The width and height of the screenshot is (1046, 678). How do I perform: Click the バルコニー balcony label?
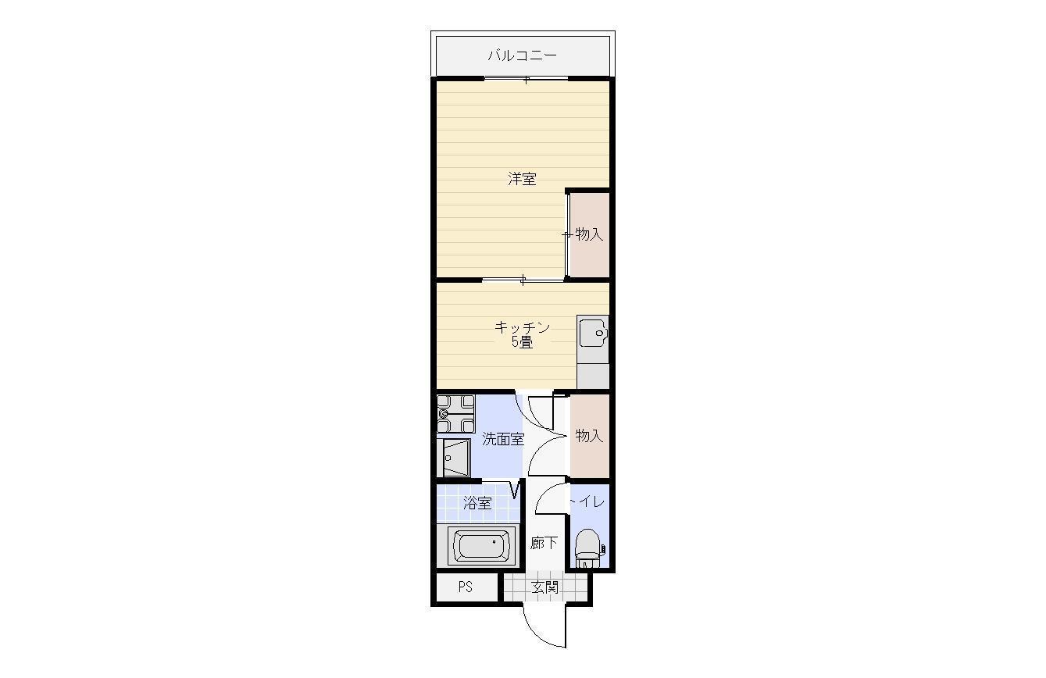[522, 55]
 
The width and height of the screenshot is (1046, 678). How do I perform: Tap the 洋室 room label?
[522, 179]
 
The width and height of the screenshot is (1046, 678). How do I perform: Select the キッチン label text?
[522, 327]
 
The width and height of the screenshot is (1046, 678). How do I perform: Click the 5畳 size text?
[522, 342]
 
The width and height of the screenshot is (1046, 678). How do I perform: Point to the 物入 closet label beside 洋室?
[589, 234]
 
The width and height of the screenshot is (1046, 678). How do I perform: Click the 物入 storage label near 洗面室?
[589, 436]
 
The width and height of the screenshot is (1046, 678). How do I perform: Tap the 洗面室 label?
[503, 439]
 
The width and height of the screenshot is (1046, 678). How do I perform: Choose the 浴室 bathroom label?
[477, 503]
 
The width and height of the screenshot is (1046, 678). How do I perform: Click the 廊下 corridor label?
[544, 543]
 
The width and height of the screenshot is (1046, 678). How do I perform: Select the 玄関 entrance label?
[545, 587]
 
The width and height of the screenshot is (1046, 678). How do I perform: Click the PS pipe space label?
[465, 587]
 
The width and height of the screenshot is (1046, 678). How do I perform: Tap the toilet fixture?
[589, 548]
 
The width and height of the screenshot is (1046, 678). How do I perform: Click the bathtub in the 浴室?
[481, 546]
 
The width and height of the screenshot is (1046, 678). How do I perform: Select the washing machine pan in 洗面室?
[455, 414]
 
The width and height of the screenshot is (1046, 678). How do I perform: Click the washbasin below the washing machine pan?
[455, 458]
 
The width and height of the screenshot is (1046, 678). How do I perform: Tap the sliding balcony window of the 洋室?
[526, 78]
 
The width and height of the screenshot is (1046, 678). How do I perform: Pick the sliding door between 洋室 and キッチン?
[523, 280]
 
